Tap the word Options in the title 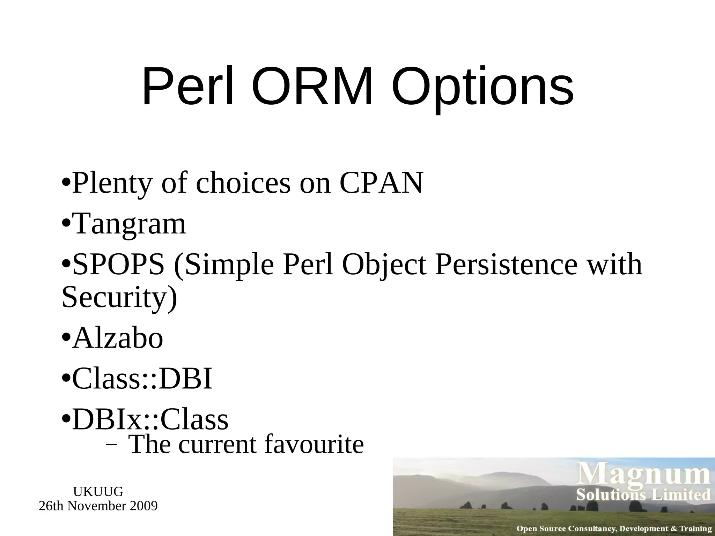(482, 87)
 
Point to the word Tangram (129, 224)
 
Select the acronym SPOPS (118, 265)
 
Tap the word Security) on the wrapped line (119, 297)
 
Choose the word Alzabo (118, 338)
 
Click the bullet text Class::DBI (142, 379)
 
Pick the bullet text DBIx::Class (150, 419)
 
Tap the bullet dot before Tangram (66, 223)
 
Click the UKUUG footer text (98, 492)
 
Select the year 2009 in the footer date (143, 506)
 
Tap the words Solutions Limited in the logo (643, 495)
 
